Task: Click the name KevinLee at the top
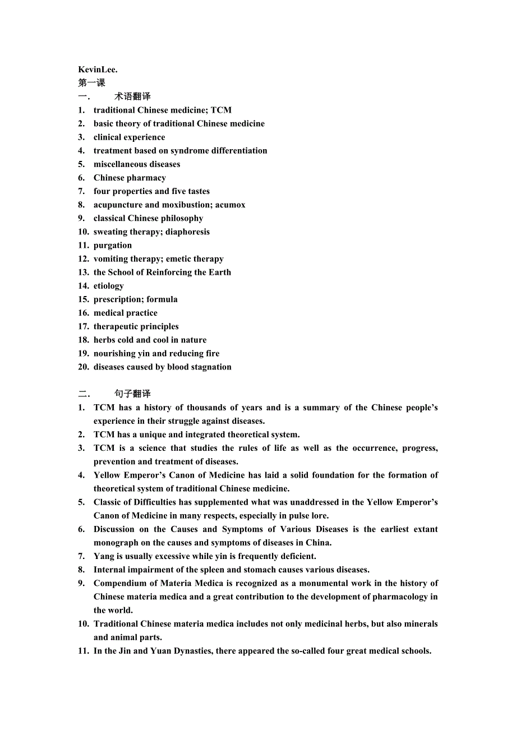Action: (x=97, y=70)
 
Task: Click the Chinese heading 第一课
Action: (x=91, y=83)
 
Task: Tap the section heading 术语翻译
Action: (x=132, y=96)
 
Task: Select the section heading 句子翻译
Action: (x=132, y=394)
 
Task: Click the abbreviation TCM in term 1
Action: (x=221, y=110)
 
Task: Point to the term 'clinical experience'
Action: (x=129, y=137)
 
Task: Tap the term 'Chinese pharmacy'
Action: (x=130, y=178)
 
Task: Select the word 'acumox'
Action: (x=230, y=205)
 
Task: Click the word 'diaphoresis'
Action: (x=187, y=232)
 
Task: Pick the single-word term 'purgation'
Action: (x=113, y=245)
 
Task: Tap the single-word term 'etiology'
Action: (x=109, y=286)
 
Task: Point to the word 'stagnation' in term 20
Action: (x=210, y=367)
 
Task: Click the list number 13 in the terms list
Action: (x=83, y=272)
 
